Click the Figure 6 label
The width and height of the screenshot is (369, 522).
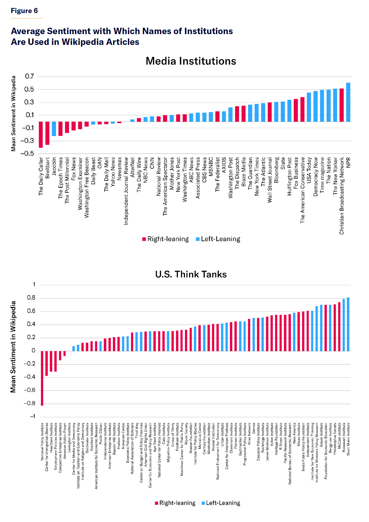tap(24, 11)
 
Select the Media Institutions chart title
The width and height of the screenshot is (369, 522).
tap(191, 61)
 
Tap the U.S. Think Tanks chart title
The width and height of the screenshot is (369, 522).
tap(191, 274)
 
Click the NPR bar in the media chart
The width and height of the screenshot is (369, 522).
tap(348, 102)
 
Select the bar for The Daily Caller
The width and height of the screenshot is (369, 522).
tap(41, 134)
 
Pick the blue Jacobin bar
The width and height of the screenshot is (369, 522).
tap(54, 129)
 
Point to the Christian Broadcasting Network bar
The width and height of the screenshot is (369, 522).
tap(342, 105)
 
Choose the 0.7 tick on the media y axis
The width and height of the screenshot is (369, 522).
tap(30, 76)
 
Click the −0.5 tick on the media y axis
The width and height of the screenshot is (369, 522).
tap(27, 153)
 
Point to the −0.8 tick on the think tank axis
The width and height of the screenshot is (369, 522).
tap(30, 403)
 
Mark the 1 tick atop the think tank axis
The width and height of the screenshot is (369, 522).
tap(34, 285)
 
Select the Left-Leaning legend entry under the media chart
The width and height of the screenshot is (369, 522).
tap(218, 239)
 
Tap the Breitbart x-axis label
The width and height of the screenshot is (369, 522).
tap(47, 168)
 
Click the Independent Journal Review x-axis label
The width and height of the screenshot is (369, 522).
tap(126, 191)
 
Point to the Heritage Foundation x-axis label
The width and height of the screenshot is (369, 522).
tap(276, 439)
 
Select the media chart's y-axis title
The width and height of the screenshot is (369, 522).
tap(13, 113)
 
